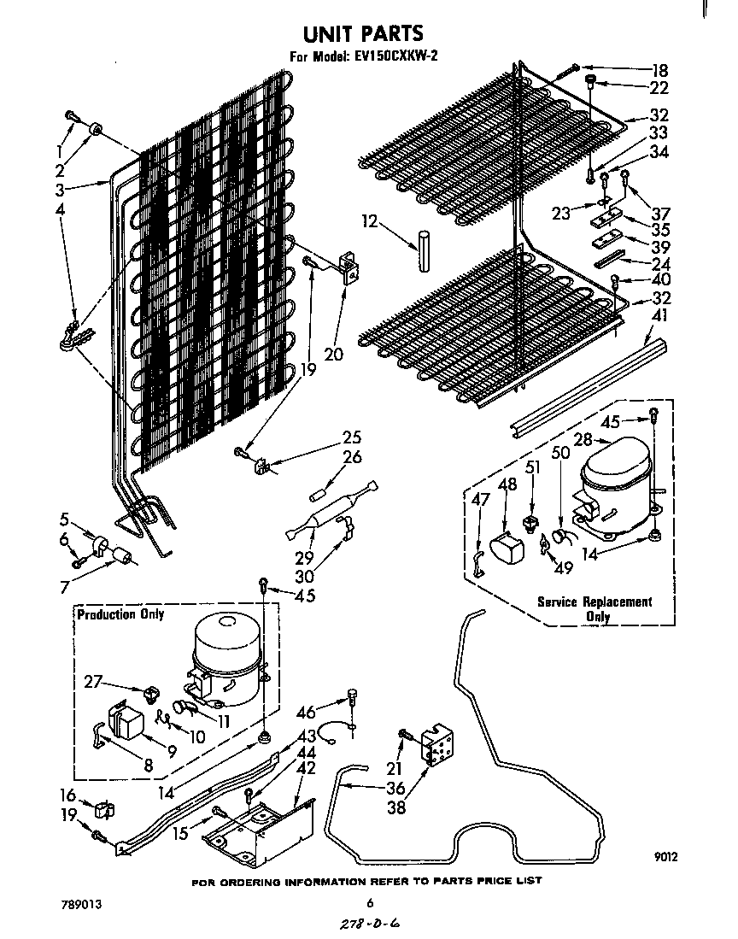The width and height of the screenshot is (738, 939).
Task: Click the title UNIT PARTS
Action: pos(363,33)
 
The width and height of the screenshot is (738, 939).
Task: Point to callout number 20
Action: pos(332,353)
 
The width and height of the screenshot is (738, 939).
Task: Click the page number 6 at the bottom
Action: pos(370,902)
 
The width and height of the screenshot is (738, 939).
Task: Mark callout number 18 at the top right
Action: pos(659,70)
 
